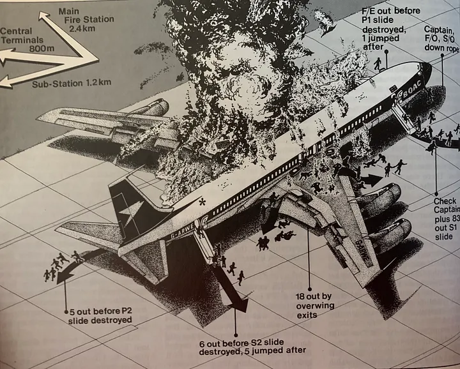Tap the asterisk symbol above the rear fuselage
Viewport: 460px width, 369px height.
tap(202, 202)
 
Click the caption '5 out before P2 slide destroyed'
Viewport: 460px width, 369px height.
tap(102, 315)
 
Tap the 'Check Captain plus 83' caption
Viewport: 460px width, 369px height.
tap(445, 211)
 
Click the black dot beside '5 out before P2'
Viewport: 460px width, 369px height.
tap(67, 311)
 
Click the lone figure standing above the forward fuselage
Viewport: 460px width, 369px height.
tap(377, 63)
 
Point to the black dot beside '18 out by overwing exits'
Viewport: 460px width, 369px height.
tap(309, 289)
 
